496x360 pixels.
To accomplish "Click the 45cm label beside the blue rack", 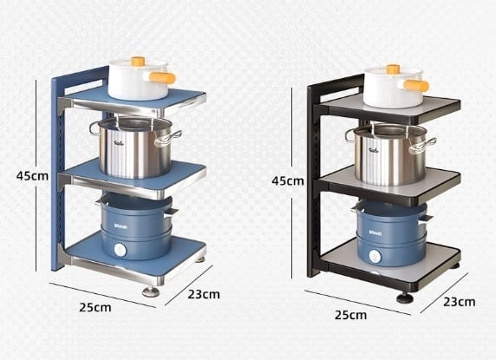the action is [x=32, y=176].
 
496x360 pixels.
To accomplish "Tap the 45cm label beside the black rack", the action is [x=288, y=181].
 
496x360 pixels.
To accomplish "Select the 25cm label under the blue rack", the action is [x=95, y=307].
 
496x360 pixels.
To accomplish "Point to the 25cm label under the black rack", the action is [x=351, y=315].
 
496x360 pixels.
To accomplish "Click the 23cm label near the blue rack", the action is [x=204, y=294].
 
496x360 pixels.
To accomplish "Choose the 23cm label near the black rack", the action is [x=460, y=302].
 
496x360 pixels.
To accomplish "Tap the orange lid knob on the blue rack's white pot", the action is [x=138, y=61].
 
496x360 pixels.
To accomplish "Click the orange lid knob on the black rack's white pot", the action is [x=393, y=69].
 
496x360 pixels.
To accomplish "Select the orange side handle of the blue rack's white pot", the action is [x=162, y=78].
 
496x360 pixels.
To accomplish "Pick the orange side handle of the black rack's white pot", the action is [x=416, y=86].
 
